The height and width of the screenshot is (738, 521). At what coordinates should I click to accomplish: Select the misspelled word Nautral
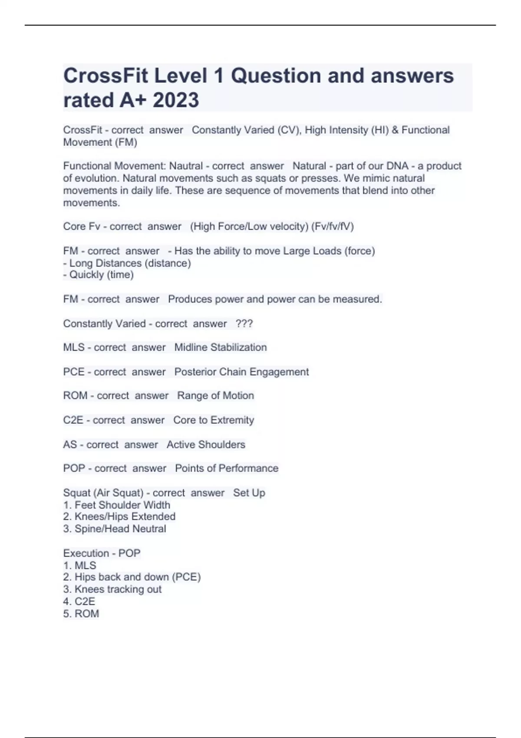point(186,166)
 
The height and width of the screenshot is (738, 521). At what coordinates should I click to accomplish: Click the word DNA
point(397,166)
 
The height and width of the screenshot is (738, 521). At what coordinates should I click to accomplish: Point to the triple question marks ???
point(244,323)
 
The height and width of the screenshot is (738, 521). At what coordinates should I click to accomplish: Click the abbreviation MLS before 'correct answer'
point(74,347)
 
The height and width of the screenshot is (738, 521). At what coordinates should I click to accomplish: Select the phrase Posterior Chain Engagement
point(241,372)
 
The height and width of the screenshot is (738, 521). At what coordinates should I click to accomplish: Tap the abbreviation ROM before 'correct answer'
point(75,395)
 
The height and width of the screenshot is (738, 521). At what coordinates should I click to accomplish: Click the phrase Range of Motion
point(215,395)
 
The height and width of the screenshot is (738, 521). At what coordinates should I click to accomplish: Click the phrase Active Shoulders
point(206,445)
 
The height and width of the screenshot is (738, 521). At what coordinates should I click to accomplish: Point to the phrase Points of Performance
point(227,468)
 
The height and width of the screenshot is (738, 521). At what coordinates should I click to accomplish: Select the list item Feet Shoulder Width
point(122,505)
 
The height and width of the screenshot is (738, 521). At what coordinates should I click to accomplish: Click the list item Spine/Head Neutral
point(120,529)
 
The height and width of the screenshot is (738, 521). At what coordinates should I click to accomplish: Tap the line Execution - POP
point(102,553)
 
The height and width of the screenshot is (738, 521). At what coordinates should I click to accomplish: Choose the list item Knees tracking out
point(118,589)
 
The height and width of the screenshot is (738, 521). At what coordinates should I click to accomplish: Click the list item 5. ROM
point(81,613)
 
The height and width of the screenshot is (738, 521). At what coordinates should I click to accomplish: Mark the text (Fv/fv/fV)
point(332,227)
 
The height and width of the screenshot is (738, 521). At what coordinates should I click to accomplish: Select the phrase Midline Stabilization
point(221,347)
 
